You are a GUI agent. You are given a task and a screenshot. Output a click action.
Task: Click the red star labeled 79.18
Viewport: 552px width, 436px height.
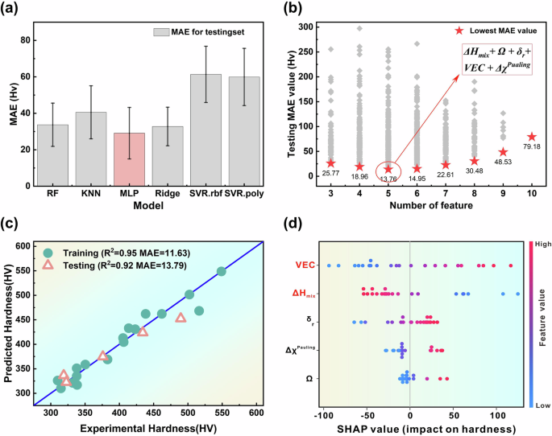531,137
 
